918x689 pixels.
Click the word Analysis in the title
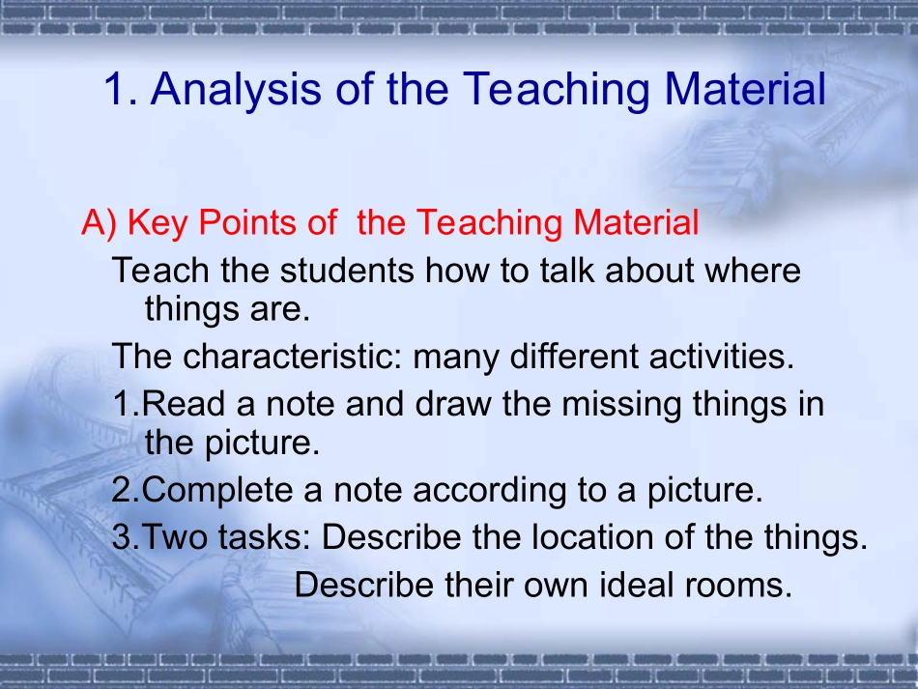236,90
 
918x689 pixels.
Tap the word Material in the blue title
745,89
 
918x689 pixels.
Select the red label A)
100,223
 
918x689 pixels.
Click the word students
347,270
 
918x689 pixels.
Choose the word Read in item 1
184,404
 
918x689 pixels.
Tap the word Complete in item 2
217,491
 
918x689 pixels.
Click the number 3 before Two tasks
121,536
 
